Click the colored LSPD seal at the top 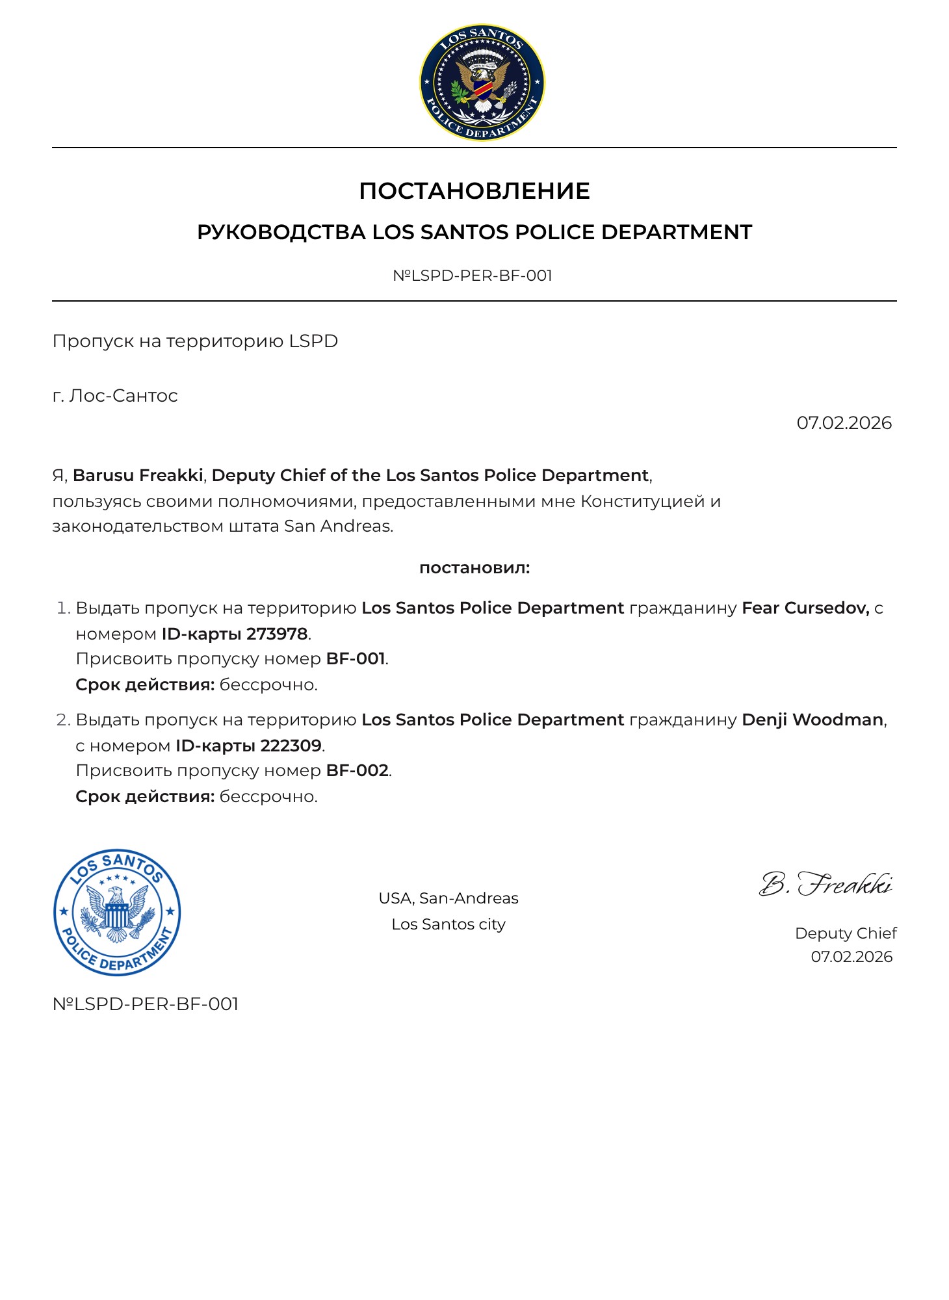point(482,83)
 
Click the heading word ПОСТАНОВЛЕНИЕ point(474,191)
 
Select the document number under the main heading point(473,276)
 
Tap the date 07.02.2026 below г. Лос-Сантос point(844,423)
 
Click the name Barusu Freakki point(138,475)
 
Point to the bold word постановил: point(474,568)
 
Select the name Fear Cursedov point(805,608)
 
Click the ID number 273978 point(277,634)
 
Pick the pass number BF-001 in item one point(356,659)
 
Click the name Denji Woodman point(812,720)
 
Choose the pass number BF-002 point(357,771)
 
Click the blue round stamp point(117,913)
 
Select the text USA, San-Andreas point(448,898)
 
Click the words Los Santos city point(448,924)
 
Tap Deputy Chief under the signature point(845,933)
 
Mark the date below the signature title point(851,957)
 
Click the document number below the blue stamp point(146,1004)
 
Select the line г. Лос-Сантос point(115,396)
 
